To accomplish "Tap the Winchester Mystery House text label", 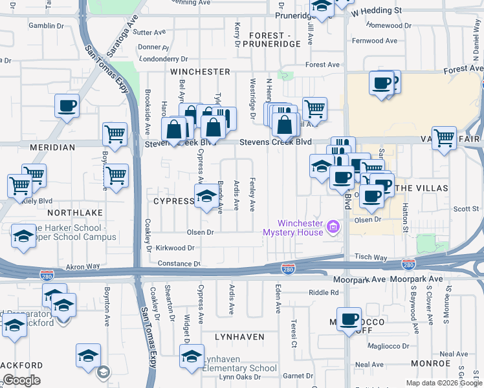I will point(292,228).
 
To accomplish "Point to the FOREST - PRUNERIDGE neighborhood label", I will point(266,39).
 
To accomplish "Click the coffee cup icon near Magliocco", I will point(349,319).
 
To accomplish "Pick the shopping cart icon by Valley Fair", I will point(444,137).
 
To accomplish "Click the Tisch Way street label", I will point(371,257).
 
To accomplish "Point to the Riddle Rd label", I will point(324,292).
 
